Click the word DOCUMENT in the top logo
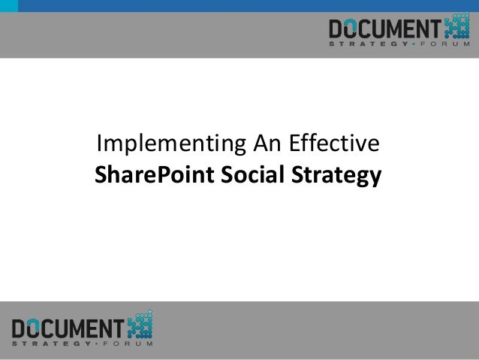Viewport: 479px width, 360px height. tap(384, 29)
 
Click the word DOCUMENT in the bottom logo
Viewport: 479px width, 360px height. tap(68, 328)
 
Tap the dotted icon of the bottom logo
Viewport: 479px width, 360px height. tap(140, 323)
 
